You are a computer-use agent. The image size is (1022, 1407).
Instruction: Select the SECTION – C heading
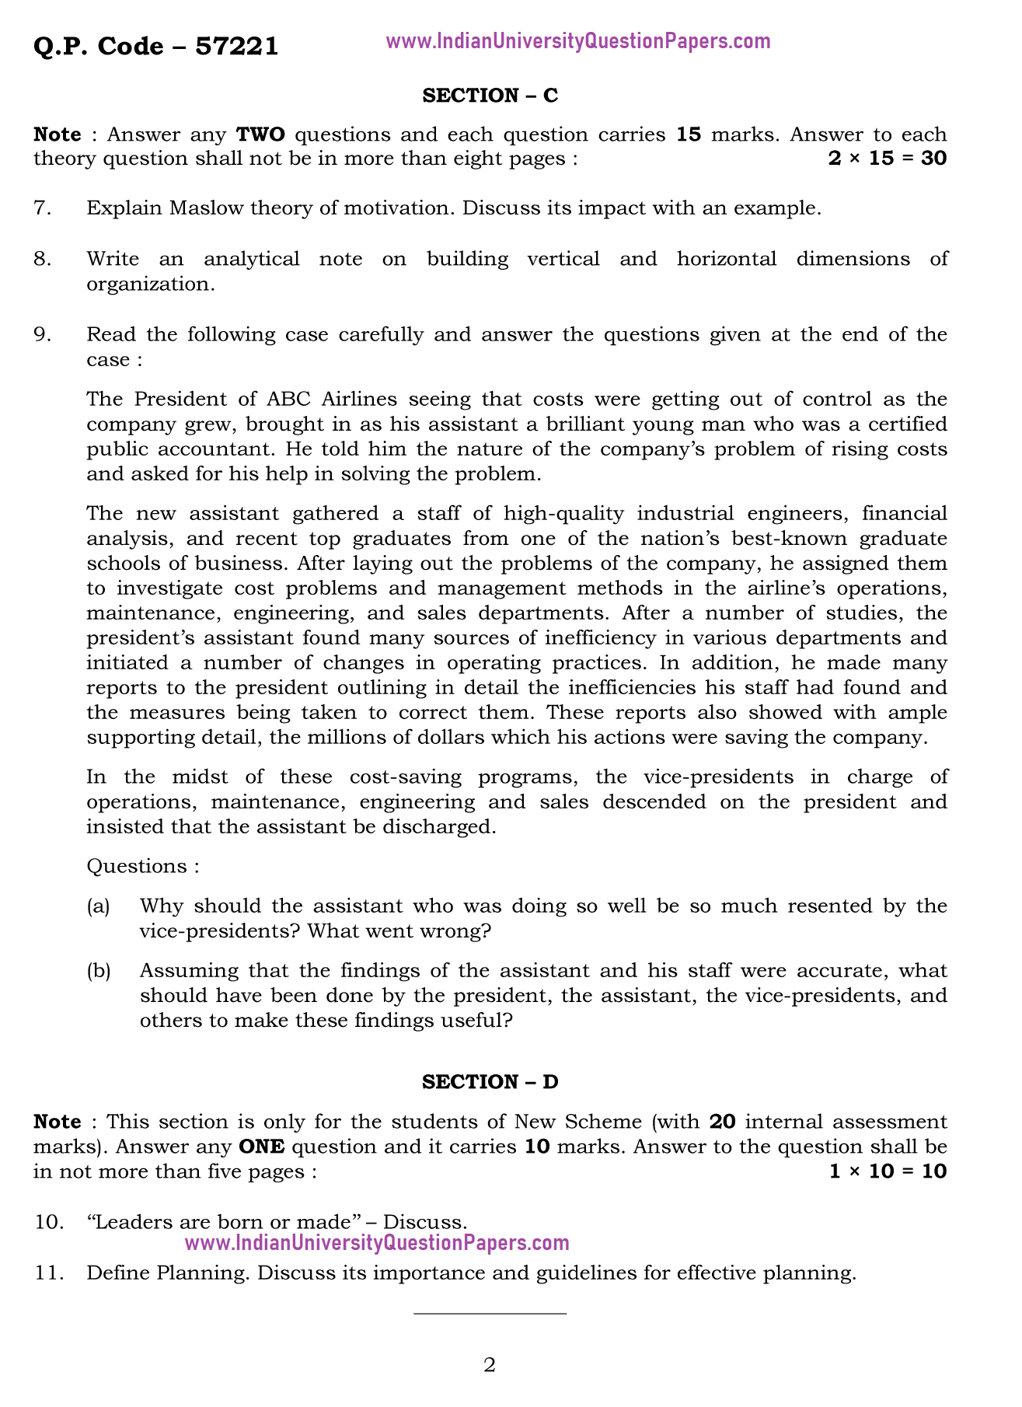point(490,96)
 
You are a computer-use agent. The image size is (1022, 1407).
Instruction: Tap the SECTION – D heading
point(490,1082)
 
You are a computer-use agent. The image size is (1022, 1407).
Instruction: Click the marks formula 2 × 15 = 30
point(888,159)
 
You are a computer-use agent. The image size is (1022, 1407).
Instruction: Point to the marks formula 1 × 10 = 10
point(888,1171)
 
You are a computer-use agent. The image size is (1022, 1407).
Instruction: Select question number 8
point(43,259)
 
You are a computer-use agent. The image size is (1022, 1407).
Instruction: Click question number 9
point(43,335)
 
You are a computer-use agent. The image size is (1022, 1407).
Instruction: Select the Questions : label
point(143,867)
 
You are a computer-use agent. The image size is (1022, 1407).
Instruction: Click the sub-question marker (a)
point(98,906)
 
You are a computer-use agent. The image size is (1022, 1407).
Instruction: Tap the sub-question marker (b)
point(98,971)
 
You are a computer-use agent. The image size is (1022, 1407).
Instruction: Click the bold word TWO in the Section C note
point(260,134)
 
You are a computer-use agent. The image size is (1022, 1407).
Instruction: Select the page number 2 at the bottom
point(490,1365)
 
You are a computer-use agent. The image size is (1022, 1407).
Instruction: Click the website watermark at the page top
point(578,41)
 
